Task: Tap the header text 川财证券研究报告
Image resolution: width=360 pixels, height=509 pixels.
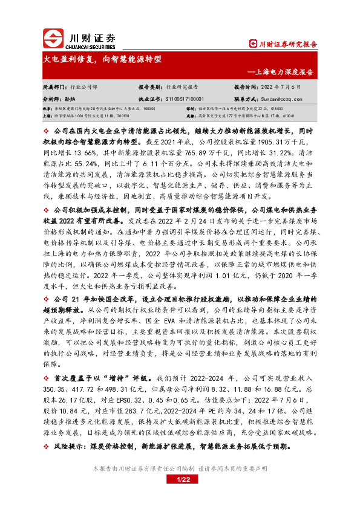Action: pos(283,44)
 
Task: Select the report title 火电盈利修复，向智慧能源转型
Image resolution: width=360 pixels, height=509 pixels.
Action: pos(102,60)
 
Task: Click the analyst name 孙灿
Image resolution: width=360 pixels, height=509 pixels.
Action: pos(70,98)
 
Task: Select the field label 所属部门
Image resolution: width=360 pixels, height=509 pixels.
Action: pos(52,87)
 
